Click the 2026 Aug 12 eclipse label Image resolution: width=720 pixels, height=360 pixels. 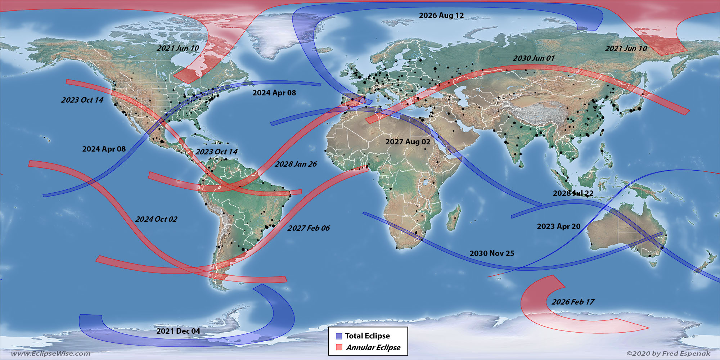[441, 15]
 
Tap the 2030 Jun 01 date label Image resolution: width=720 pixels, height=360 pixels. [534, 58]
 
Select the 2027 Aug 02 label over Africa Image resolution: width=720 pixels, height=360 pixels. [408, 142]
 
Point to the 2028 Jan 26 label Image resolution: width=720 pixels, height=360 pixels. [296, 164]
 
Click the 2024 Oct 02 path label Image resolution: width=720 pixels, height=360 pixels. [156, 219]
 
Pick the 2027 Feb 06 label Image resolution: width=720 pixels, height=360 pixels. [308, 228]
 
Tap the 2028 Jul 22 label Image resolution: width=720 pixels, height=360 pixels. [573, 193]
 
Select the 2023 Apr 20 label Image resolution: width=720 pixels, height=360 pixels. [558, 226]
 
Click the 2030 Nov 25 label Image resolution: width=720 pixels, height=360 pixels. [491, 253]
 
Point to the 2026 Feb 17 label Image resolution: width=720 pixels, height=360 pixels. [573, 302]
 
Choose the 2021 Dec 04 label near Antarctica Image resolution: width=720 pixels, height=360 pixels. [178, 331]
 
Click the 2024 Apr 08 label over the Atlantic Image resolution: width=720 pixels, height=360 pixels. [274, 93]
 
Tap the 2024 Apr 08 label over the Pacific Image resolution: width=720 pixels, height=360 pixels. [104, 149]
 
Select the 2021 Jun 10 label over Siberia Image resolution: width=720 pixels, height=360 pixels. [626, 49]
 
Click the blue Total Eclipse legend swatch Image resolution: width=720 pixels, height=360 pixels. [339, 336]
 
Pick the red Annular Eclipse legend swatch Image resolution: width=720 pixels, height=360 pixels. [339, 347]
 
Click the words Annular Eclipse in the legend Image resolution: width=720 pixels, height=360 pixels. [373, 348]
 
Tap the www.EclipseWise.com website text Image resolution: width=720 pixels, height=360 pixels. [50, 354]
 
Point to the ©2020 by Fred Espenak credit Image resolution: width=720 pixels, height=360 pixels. [668, 354]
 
